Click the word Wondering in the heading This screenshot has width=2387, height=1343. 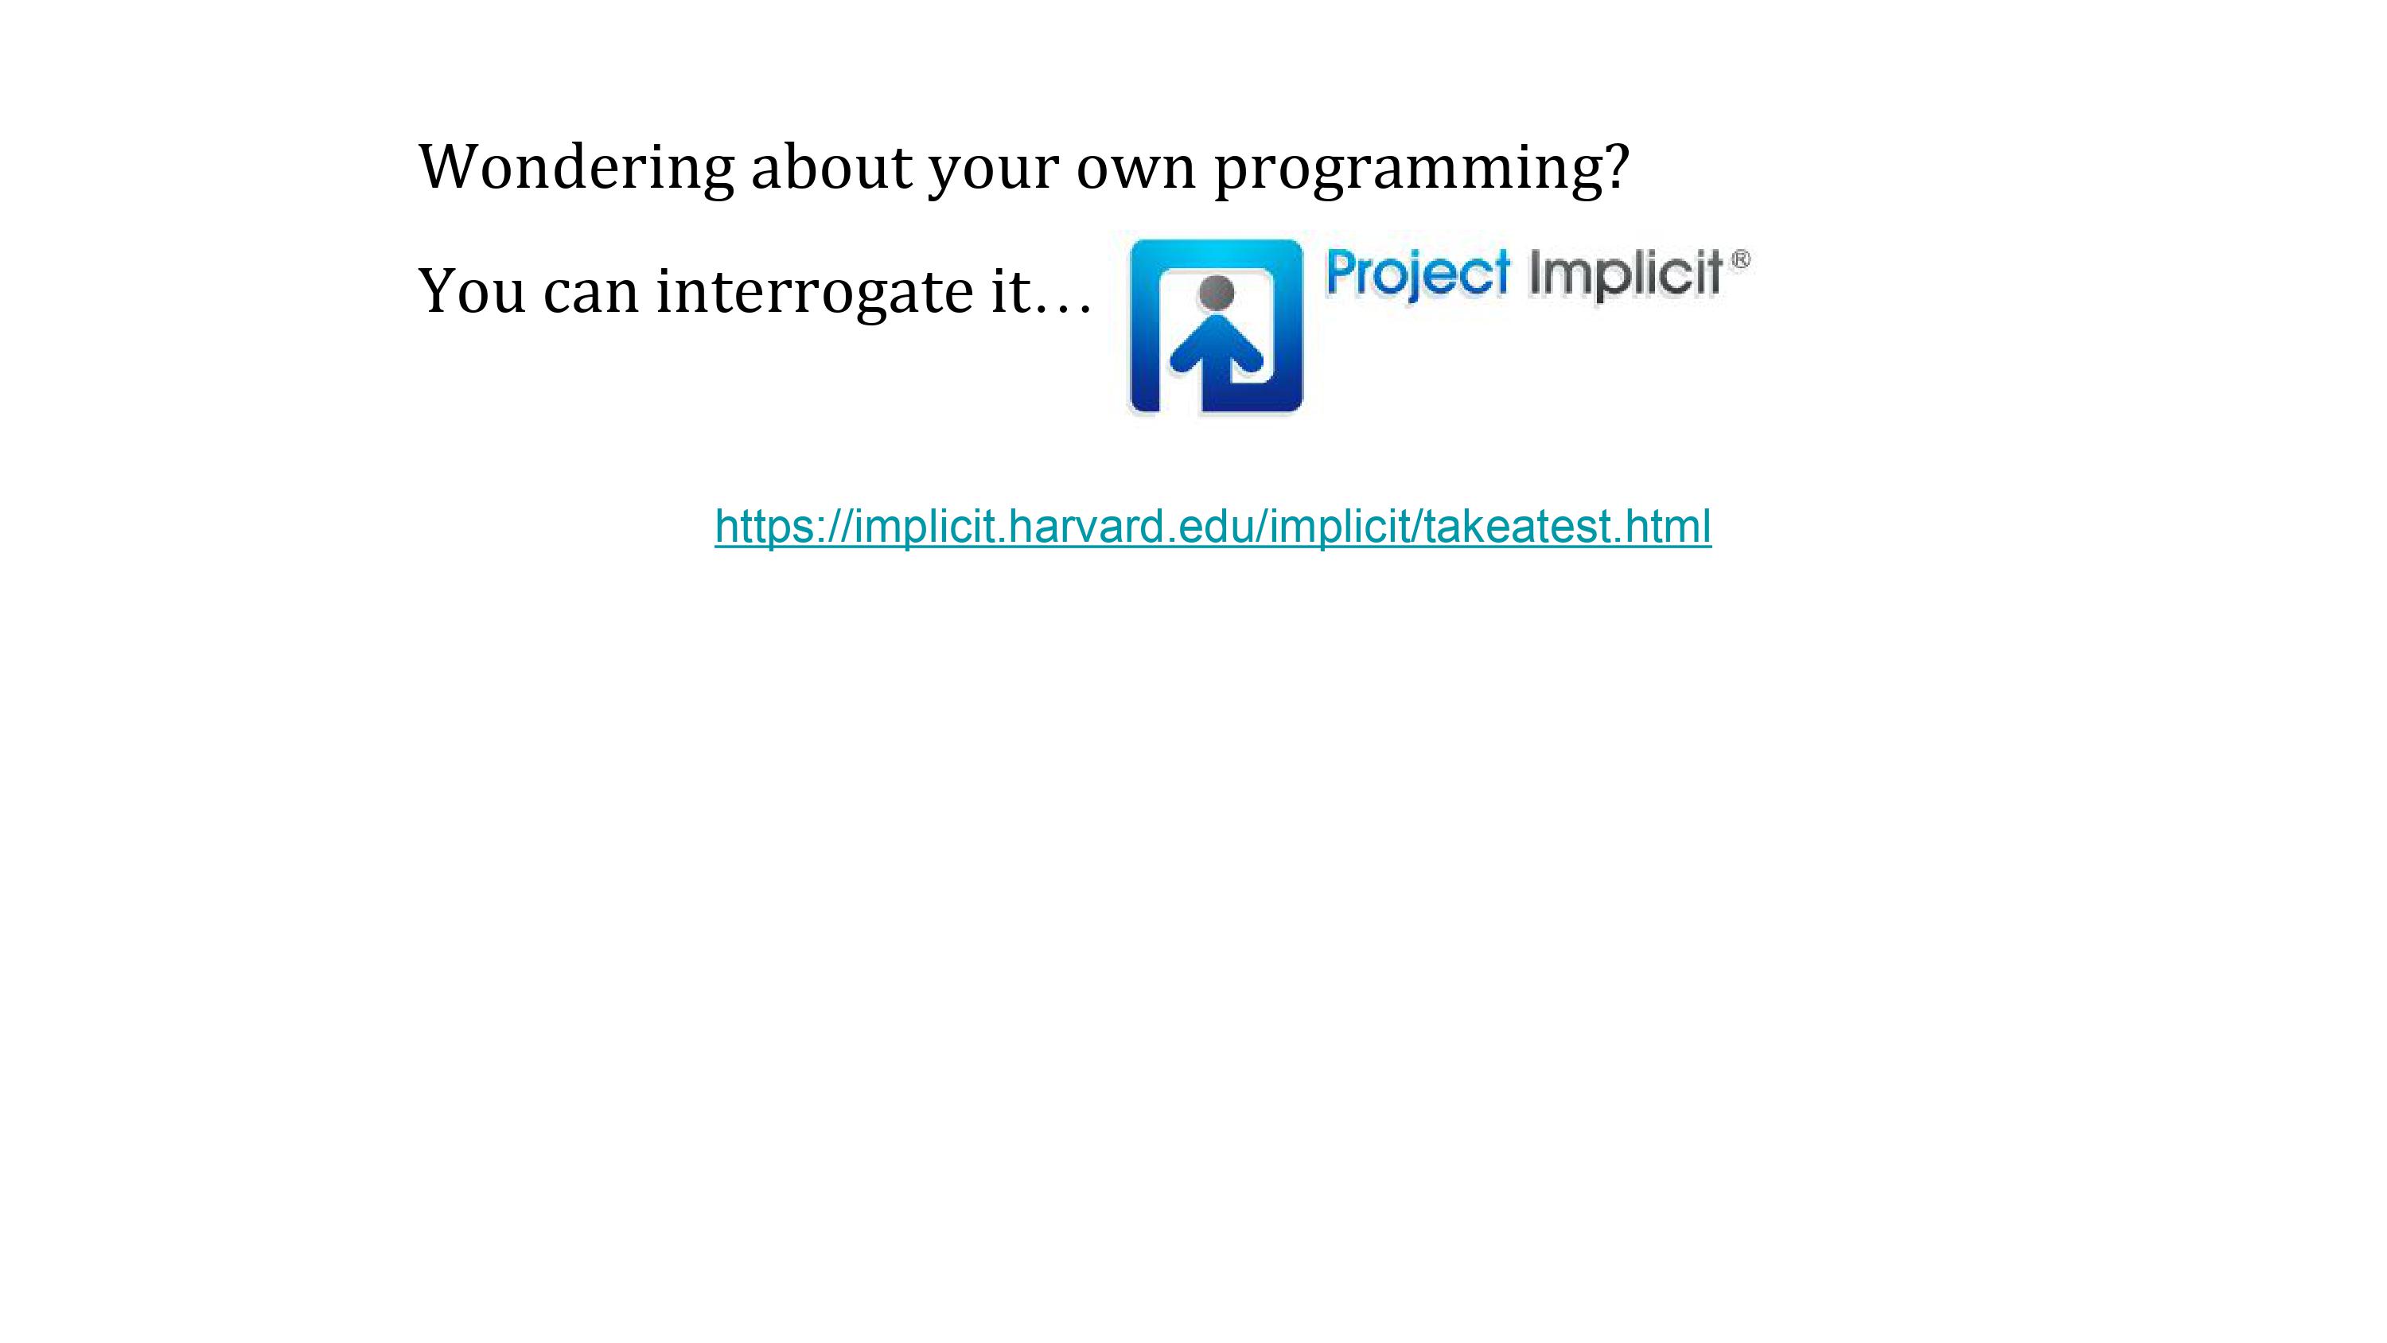point(576,168)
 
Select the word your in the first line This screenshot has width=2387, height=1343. point(993,174)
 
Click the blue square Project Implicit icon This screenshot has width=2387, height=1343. point(1217,325)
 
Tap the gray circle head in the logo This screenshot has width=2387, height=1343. point(1216,293)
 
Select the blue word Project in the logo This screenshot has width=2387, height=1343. point(1418,274)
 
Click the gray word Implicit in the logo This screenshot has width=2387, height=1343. point(1626,274)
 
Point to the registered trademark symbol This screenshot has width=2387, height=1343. point(1740,259)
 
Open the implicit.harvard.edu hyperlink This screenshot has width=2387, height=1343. point(1213,527)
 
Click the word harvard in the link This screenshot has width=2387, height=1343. point(1083,526)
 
